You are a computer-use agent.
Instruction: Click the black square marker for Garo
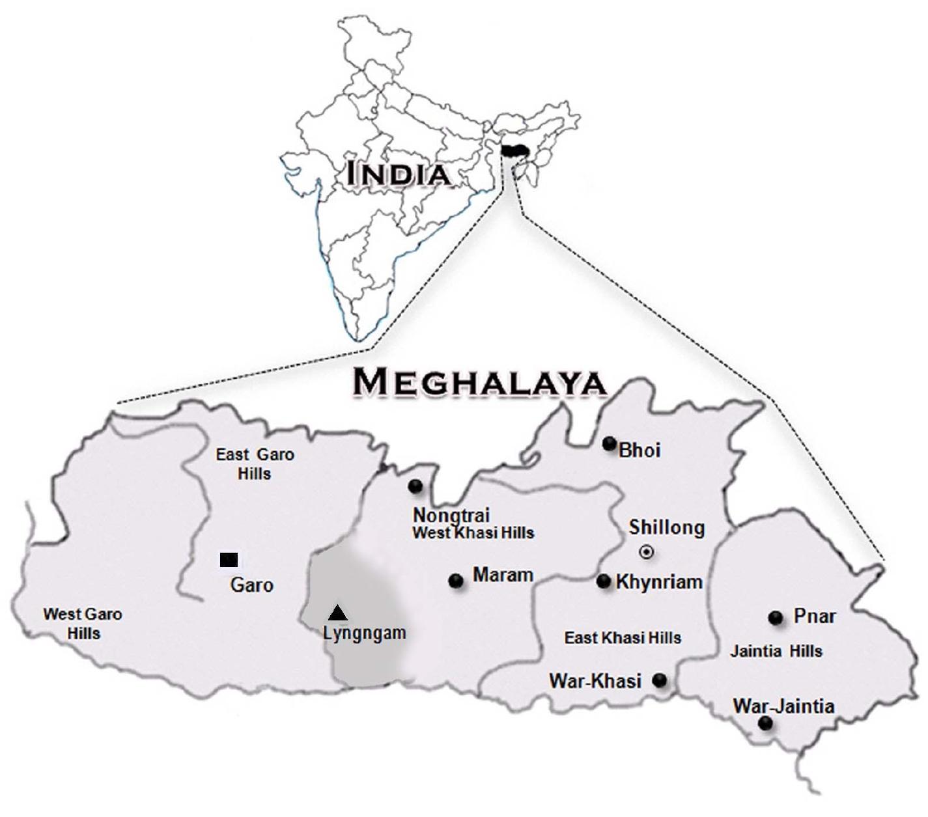click(229, 560)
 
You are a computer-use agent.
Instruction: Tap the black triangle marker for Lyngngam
click(337, 613)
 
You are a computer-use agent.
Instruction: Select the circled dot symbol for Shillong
click(646, 553)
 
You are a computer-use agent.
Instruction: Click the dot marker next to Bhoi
click(609, 444)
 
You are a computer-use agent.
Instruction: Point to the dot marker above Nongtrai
click(415, 486)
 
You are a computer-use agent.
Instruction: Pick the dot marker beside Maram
click(456, 581)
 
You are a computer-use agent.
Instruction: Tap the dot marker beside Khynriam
click(604, 581)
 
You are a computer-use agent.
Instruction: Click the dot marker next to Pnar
click(775, 618)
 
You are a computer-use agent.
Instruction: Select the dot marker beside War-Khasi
click(660, 680)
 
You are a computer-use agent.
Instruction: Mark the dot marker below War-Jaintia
click(766, 723)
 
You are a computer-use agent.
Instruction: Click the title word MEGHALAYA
click(479, 382)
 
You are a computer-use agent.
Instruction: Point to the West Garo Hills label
click(83, 624)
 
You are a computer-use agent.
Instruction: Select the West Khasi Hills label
click(473, 533)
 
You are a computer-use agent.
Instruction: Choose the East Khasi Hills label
click(623, 638)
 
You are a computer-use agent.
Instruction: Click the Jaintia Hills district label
click(776, 652)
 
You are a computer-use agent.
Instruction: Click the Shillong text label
click(666, 527)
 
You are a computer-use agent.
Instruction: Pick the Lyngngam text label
click(364, 633)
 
